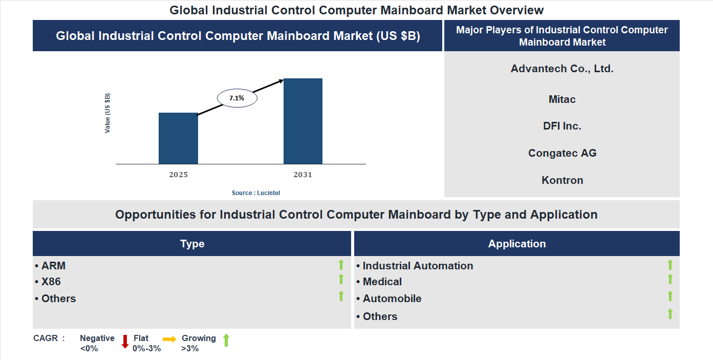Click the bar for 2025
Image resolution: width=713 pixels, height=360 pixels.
tap(178, 138)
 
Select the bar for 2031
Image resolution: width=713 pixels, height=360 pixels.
tap(303, 121)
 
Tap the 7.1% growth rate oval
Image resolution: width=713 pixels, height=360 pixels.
tap(237, 98)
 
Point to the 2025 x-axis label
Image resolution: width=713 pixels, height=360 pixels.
tap(178, 175)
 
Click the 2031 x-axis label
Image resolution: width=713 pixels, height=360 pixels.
tap(303, 175)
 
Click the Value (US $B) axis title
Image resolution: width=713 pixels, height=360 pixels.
tap(107, 113)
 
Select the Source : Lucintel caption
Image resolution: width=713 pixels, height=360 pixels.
tap(256, 193)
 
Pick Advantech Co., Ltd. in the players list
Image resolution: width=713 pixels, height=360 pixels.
tap(562, 69)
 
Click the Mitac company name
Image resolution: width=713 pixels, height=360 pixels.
tap(562, 99)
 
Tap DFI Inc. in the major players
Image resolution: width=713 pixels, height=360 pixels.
tap(562, 126)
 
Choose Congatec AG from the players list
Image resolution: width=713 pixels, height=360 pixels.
tap(562, 153)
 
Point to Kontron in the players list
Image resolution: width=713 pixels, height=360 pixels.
tap(562, 180)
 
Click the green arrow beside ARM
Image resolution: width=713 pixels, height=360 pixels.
tap(341, 265)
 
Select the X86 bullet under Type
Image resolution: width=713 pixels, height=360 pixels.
tap(51, 282)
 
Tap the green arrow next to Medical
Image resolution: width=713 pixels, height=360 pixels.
tap(670, 280)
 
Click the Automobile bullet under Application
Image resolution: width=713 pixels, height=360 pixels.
tap(392, 299)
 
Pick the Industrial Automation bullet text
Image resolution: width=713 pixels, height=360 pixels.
tap(417, 266)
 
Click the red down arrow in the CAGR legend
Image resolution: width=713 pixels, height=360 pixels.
tap(125, 342)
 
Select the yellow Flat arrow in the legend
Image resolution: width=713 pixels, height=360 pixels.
tap(169, 339)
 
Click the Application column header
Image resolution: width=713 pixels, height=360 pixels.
tap(517, 244)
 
